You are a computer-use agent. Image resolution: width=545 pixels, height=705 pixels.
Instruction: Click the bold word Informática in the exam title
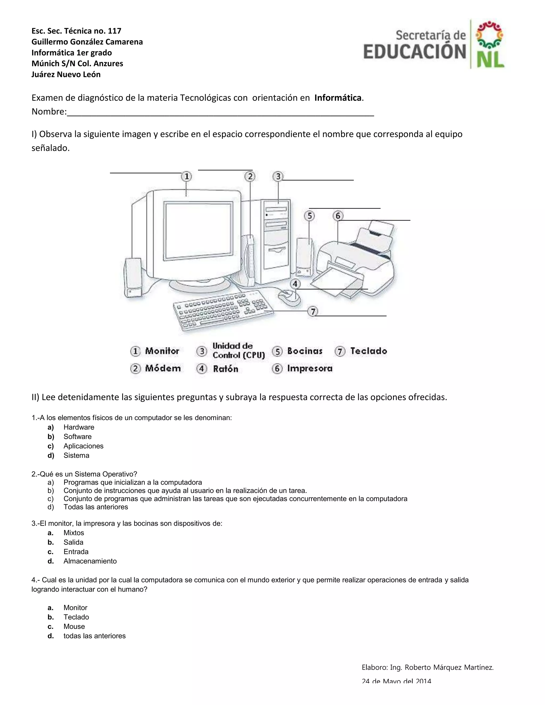click(338, 98)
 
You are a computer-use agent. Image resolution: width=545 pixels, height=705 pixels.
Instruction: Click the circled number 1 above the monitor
click(186, 177)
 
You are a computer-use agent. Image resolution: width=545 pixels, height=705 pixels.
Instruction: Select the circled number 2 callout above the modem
click(250, 177)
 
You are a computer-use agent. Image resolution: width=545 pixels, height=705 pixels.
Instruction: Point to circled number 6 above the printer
click(338, 216)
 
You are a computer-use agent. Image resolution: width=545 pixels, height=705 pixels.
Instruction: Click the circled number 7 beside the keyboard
click(312, 312)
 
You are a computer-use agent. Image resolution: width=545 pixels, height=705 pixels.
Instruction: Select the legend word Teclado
click(368, 351)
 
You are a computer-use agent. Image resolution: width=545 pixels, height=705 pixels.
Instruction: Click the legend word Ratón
click(225, 369)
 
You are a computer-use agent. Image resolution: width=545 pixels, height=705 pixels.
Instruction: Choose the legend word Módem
click(163, 368)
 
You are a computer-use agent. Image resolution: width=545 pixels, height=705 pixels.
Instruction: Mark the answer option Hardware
click(79, 428)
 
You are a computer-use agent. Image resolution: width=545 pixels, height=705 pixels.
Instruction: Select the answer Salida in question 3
click(73, 542)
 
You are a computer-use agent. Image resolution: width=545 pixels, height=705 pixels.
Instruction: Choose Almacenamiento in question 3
click(90, 561)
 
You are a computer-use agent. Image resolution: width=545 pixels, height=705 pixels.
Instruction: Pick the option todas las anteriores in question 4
click(94, 636)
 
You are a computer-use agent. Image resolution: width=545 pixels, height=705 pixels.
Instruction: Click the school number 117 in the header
click(115, 31)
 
